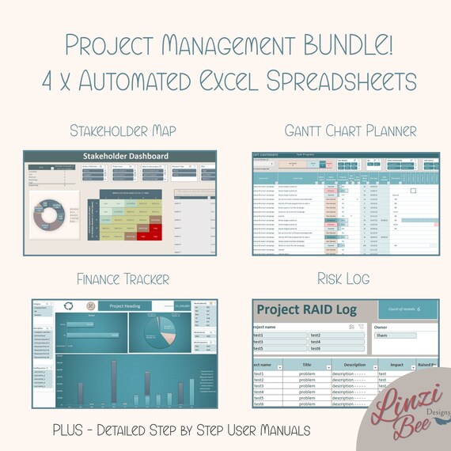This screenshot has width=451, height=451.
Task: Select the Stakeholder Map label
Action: pyautogui.click(x=123, y=130)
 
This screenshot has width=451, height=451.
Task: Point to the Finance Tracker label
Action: pyautogui.click(x=122, y=279)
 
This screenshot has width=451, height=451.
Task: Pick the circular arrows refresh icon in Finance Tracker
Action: pyautogui.click(x=66, y=305)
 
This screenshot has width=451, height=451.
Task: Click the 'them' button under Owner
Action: pyautogui.click(x=394, y=335)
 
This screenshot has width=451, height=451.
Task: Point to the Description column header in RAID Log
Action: pyautogui.click(x=349, y=366)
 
